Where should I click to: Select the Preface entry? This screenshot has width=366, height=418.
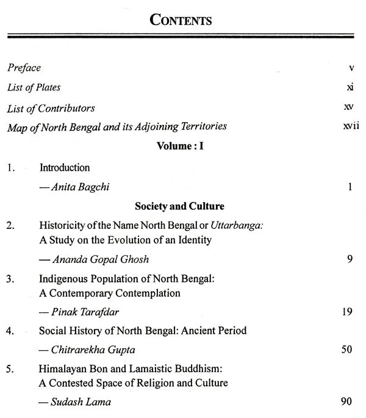tap(24, 68)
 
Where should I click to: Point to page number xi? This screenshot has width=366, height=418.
tap(349, 88)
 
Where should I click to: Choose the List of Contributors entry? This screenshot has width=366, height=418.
tap(51, 108)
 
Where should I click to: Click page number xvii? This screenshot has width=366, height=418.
tap(347, 127)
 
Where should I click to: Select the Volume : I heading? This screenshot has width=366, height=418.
tap(182, 147)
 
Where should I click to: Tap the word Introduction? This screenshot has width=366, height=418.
tap(65, 167)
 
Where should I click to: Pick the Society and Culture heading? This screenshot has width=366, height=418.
tap(183, 206)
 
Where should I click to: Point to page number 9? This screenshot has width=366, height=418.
tap(350, 260)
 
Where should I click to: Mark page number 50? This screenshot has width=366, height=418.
tap(348, 351)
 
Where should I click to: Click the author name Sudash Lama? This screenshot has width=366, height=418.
tap(76, 403)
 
